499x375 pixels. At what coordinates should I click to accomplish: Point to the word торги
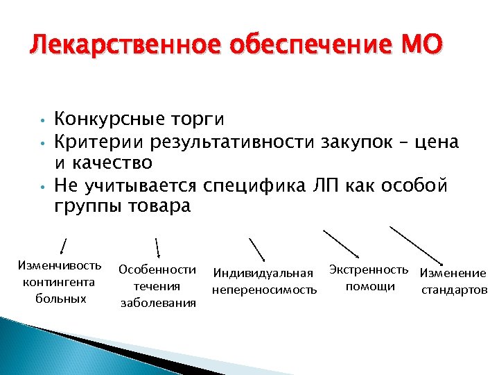coord(201,120)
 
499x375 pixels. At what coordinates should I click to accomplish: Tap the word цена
coord(432,142)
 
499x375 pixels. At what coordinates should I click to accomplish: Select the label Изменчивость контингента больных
coord(60,282)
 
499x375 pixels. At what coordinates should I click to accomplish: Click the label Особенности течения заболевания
coord(158,285)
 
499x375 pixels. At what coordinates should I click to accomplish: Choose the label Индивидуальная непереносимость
coord(264,280)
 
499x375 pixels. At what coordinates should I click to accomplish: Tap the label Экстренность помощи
coord(369,277)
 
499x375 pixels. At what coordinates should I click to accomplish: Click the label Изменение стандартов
coord(453,281)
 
